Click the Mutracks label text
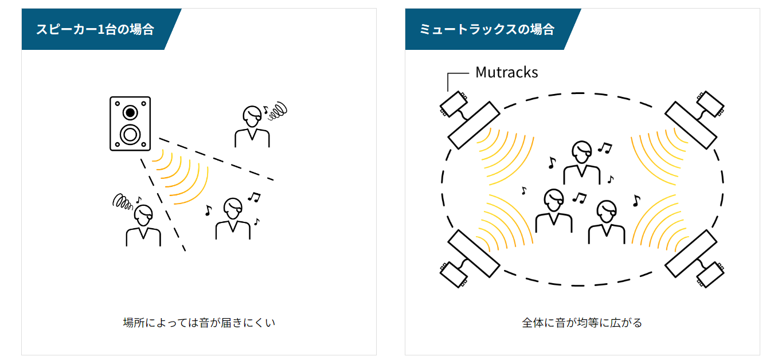click(x=506, y=72)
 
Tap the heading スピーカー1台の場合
click(x=95, y=29)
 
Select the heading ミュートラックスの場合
click(x=487, y=29)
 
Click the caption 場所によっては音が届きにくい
click(x=199, y=323)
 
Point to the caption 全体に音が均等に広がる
click(x=581, y=323)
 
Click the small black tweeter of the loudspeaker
click(x=130, y=112)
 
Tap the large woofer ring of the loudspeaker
click(x=130, y=135)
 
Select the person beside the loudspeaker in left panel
click(x=252, y=127)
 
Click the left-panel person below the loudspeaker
click(x=143, y=225)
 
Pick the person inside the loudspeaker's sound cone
click(x=233, y=218)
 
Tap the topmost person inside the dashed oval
click(x=581, y=162)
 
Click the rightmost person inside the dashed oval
click(x=607, y=222)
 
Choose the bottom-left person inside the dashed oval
click(x=554, y=210)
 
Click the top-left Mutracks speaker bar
click(x=474, y=125)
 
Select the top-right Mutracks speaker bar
click(x=691, y=125)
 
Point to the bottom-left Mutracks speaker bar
click(x=474, y=254)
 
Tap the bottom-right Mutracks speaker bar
click(x=691, y=254)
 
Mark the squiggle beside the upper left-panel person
click(x=277, y=111)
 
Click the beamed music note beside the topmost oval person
click(x=605, y=148)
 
